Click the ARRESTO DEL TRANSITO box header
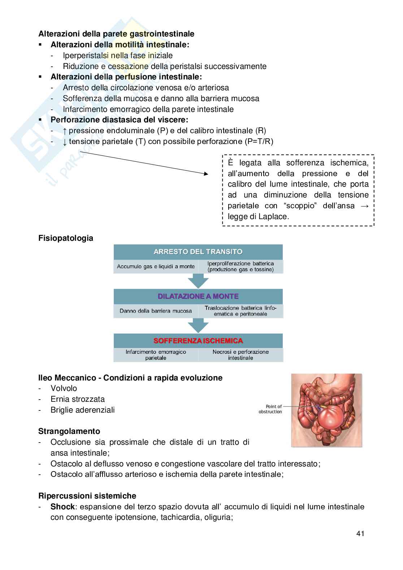tap(198, 252)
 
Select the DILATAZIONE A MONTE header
tap(198, 296)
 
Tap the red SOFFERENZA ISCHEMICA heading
tap(198, 341)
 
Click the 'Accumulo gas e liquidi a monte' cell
tap(156, 267)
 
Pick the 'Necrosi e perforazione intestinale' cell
tap(240, 355)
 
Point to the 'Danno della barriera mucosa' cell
tap(156, 311)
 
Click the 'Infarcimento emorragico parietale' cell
tap(156, 355)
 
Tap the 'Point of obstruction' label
tap(270, 409)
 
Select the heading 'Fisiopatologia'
tap(66, 238)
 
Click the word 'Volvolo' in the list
tap(64, 388)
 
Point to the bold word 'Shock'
tap(62, 506)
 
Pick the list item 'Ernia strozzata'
tap(78, 399)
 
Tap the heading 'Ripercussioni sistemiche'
tap(87, 496)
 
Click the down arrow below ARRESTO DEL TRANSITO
tap(198, 280)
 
